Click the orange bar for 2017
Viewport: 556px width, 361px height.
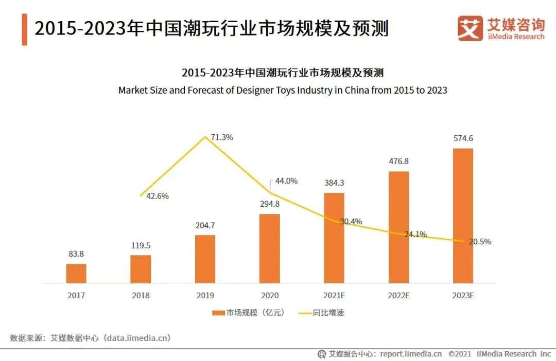(76, 273)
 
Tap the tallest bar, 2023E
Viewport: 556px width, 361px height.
(462, 215)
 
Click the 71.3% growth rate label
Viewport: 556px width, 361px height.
(222, 137)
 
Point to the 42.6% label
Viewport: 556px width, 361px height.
(158, 196)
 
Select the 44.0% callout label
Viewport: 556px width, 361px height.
(287, 181)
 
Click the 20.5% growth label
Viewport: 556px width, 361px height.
(480, 242)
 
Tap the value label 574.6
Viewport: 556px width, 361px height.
(463, 139)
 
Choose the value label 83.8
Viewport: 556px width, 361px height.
(76, 254)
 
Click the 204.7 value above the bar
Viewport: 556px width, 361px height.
(205, 225)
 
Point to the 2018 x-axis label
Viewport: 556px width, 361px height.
(141, 296)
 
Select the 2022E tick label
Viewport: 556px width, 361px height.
(398, 296)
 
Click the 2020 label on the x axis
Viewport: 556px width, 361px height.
(269, 296)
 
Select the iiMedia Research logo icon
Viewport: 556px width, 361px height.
(470, 28)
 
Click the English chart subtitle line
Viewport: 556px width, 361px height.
(283, 90)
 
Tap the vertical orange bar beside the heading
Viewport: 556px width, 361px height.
(24, 30)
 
